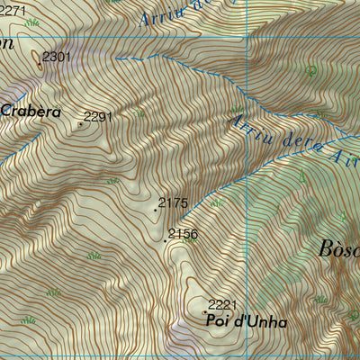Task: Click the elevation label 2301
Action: [56, 57]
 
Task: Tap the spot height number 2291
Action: [98, 116]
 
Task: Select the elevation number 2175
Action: [173, 203]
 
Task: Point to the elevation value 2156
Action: [183, 234]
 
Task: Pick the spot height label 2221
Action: [222, 304]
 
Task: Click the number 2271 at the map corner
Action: [13, 11]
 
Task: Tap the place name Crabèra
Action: [31, 112]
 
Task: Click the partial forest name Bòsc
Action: [339, 249]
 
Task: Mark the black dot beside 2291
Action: [80, 124]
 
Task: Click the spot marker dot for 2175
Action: [155, 211]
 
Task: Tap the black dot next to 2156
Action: [165, 241]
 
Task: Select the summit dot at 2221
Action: [204, 311]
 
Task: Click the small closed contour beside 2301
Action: [40, 59]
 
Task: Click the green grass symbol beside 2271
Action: [33, 23]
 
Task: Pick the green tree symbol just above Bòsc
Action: [343, 216]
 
